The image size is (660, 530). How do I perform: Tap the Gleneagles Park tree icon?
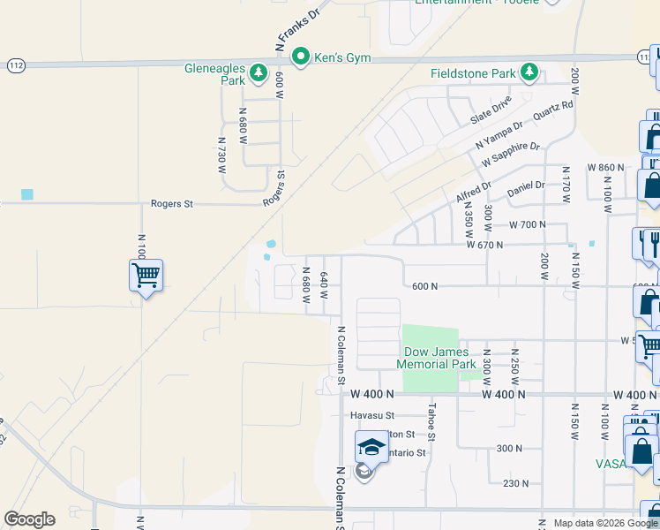tap(259, 73)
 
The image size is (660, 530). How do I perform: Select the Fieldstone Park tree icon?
tap(529, 72)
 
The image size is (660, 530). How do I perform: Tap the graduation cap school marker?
tap(372, 448)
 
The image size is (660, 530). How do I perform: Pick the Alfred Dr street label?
tap(474, 191)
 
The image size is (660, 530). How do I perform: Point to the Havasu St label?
tap(371, 415)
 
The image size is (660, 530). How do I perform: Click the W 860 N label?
tap(605, 167)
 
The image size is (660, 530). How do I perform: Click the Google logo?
tap(29, 519)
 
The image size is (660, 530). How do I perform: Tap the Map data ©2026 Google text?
tap(604, 523)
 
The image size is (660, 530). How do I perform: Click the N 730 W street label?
tap(222, 155)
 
